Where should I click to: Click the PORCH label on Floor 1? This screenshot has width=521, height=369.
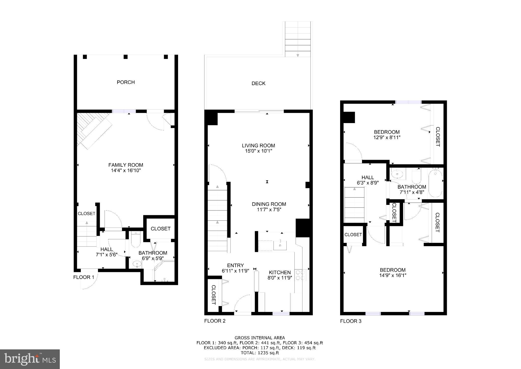point(126,82)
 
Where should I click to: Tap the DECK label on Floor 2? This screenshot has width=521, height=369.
point(258,83)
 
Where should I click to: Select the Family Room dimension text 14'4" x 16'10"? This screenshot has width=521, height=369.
point(126,170)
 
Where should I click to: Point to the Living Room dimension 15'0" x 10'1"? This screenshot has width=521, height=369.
point(258,151)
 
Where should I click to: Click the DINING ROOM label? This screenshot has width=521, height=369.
point(269,204)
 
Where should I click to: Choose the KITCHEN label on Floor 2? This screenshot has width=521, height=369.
point(280,272)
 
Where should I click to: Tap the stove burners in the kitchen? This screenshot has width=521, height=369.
point(300,275)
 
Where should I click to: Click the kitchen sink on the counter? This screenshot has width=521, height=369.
point(280,245)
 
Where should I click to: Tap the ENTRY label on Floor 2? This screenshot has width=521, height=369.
point(235,265)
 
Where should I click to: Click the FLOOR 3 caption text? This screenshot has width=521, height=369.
point(351,321)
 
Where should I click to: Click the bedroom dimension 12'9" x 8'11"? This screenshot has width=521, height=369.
point(387,137)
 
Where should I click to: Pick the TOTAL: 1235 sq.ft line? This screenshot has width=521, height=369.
point(259,353)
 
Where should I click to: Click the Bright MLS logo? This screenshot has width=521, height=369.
point(30,359)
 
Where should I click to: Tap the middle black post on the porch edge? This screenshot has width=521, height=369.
point(125,57)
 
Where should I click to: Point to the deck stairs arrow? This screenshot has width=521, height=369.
point(298,55)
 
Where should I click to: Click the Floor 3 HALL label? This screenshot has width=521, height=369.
point(368,177)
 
